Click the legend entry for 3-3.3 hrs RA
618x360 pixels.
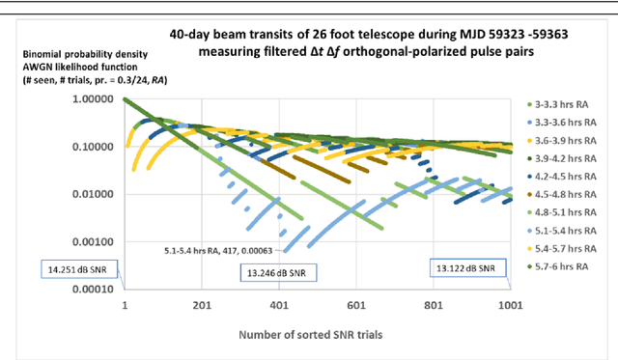[566, 103]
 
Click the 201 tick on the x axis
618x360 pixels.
[202, 304]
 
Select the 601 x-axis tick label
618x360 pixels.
[355, 304]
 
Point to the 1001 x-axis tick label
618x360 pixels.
[508, 304]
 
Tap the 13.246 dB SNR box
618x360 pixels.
[278, 273]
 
